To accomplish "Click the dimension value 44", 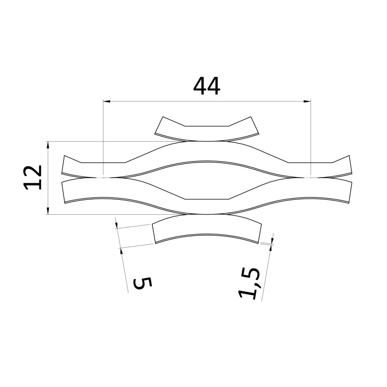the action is [207, 86].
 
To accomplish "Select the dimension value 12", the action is [32, 178].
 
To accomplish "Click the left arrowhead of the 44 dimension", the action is [106, 101].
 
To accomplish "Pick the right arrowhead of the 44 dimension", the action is [307, 101].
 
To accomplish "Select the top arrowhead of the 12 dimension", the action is [48, 145].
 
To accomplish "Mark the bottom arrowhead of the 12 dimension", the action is [48, 211].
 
